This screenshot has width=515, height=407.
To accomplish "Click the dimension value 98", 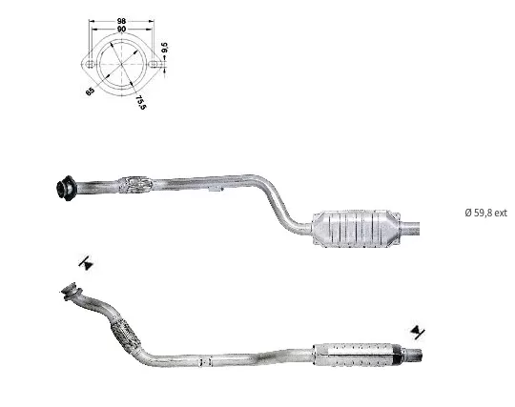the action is (121, 21).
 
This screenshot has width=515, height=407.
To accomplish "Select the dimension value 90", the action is (121, 29).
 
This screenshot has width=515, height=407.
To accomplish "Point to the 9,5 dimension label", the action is (165, 48).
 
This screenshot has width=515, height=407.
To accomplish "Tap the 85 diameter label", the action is (90, 91).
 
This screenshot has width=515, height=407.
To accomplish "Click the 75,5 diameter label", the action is (140, 102).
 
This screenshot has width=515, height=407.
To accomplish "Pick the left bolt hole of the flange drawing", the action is (89, 64).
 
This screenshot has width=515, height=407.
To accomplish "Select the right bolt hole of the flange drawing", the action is (153, 64).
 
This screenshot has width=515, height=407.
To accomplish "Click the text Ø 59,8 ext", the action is (485, 213).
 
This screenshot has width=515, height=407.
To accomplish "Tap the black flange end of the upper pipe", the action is (66, 188).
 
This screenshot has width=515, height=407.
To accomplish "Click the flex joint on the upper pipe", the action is (135, 185).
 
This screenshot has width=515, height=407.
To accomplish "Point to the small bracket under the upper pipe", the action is (216, 189).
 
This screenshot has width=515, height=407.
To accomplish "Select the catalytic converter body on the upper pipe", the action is (357, 229).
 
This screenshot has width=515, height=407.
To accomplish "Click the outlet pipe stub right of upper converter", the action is (410, 229).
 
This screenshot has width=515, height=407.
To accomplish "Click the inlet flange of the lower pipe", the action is (71, 290).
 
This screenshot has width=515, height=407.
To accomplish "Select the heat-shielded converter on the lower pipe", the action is (358, 355).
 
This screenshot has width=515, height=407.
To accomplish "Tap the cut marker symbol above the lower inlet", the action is (86, 263).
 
